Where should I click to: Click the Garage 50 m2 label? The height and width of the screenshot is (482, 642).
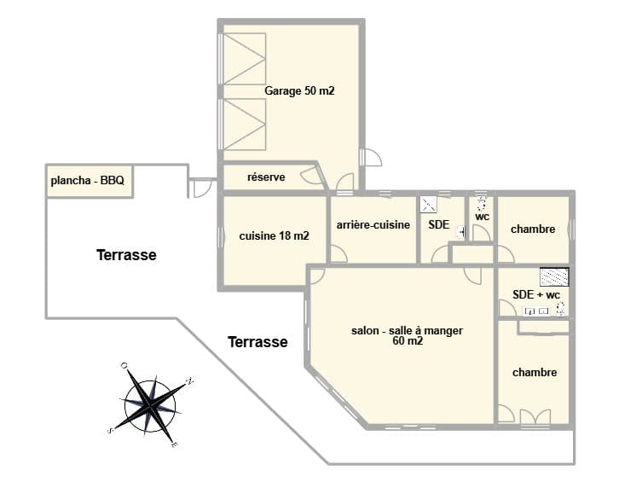(299, 90)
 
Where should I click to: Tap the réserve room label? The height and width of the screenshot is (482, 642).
(266, 177)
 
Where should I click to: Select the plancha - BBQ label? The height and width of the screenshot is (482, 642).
(87, 180)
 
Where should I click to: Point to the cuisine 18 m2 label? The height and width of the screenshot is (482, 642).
(274, 235)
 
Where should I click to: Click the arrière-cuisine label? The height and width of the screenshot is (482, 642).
(373, 224)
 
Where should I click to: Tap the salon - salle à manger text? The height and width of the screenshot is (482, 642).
(407, 330)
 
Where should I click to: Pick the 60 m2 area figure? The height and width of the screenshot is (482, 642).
(408, 340)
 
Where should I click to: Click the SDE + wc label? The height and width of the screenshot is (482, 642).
(536, 294)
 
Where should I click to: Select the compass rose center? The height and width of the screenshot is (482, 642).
(150, 405)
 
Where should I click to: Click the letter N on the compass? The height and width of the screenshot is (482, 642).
(189, 380)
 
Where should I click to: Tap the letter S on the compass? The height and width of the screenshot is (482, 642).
(110, 431)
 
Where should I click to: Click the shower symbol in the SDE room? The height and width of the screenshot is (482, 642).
(428, 205)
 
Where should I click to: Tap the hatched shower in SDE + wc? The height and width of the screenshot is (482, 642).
(554, 277)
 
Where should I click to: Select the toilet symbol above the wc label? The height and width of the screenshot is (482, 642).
(482, 202)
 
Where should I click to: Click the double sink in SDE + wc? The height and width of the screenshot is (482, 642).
(536, 311)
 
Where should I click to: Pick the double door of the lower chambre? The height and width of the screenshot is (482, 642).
(535, 417)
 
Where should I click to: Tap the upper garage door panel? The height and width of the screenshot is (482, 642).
(245, 59)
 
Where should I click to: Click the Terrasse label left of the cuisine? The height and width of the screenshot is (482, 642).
(126, 255)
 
